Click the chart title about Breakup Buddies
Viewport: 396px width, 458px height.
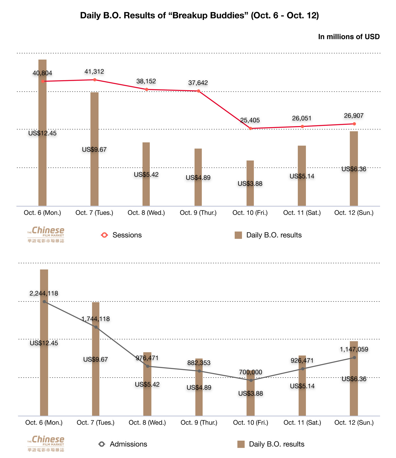pyautogui.click(x=199, y=15)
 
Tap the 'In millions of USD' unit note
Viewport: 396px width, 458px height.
pyautogui.click(x=348, y=37)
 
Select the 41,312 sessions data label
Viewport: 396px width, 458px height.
pyautogui.click(x=94, y=72)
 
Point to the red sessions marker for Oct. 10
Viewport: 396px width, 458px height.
pyautogui.click(x=251, y=128)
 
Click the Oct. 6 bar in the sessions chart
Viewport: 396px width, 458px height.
pyautogui.click(x=43, y=169)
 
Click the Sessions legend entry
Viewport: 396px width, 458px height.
pyautogui.click(x=121, y=235)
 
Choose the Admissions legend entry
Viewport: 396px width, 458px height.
pyautogui.click(x=123, y=444)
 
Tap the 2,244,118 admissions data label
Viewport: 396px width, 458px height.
pyautogui.click(x=44, y=293)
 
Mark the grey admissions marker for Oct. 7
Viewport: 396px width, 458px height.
pyautogui.click(x=96, y=327)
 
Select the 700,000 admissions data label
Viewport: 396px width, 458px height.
pyautogui.click(x=251, y=372)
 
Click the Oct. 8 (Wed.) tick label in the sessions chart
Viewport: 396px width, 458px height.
pyautogui.click(x=146, y=213)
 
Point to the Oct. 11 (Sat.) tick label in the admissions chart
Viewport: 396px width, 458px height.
pyautogui.click(x=302, y=423)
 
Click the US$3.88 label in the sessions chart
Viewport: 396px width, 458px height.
pyautogui.click(x=250, y=184)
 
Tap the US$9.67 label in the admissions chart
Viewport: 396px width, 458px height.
pyautogui.click(x=96, y=359)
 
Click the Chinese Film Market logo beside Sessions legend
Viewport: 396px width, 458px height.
pyautogui.click(x=46, y=235)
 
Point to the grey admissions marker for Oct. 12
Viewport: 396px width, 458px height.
pyautogui.click(x=354, y=357)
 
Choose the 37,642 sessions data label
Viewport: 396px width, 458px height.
pyautogui.click(x=198, y=83)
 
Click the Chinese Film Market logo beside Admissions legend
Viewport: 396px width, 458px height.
pyautogui.click(x=46, y=444)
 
